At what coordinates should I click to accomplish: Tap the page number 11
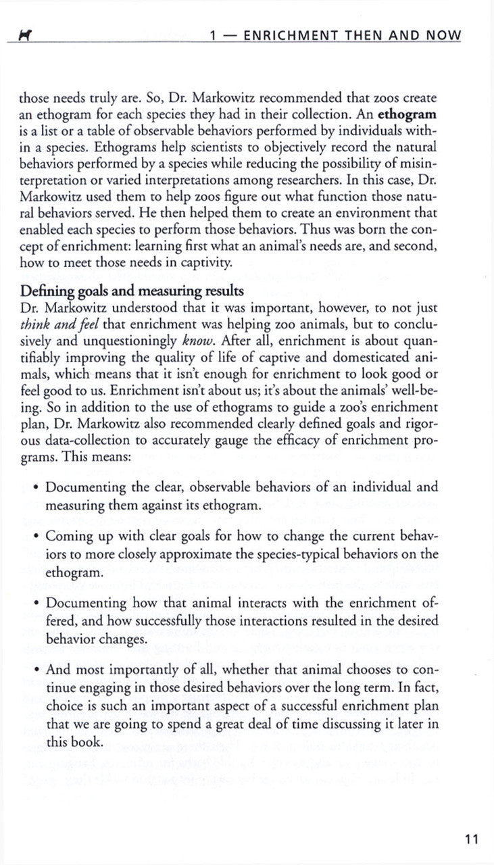click(x=471, y=840)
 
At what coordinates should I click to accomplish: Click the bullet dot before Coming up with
click(x=35, y=536)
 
